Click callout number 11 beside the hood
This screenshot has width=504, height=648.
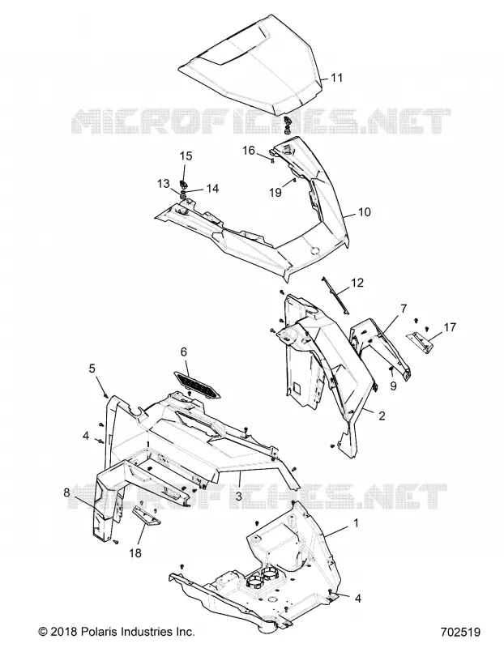coord(337,78)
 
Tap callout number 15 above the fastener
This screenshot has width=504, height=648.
coord(186,156)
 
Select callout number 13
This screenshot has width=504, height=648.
coord(164,184)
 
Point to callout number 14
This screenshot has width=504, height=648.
coord(212,189)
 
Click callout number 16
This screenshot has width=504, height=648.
coord(249,151)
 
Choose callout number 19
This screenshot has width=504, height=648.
coord(275,193)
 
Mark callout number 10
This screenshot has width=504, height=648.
coord(365,212)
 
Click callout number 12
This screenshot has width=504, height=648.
coord(357,283)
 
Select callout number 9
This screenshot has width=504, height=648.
coord(393,386)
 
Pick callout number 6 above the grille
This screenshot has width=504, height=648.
coord(184,352)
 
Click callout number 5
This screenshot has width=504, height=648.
coord(92,368)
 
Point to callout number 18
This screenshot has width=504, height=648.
coord(135,552)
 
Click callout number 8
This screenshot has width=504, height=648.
coord(67,492)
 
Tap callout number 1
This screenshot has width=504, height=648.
coord(356,523)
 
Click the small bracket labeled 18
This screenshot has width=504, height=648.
coord(147,515)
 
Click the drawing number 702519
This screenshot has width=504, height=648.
coord(460,633)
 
